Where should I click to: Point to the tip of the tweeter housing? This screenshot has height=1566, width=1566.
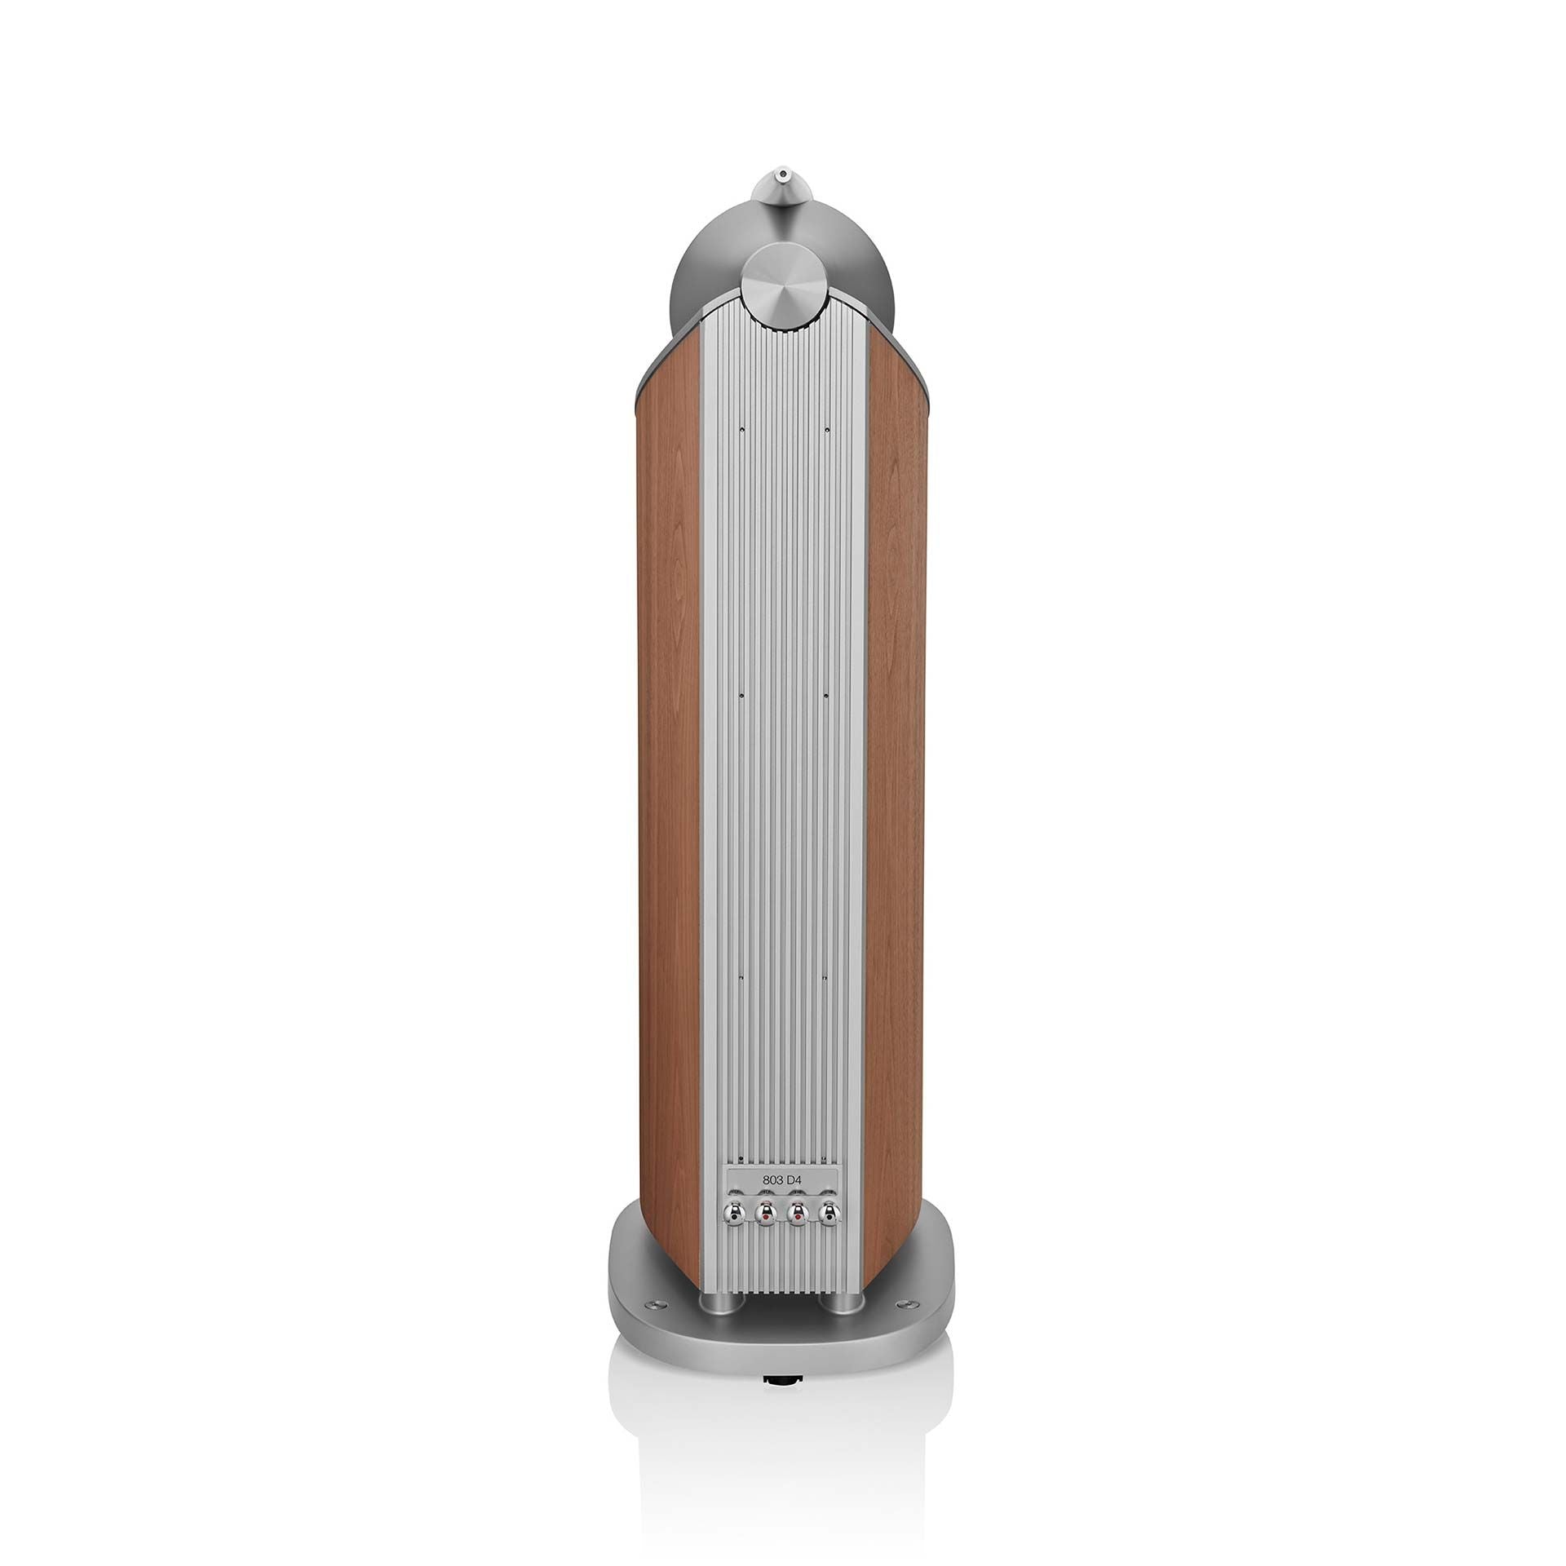click(x=782, y=173)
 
